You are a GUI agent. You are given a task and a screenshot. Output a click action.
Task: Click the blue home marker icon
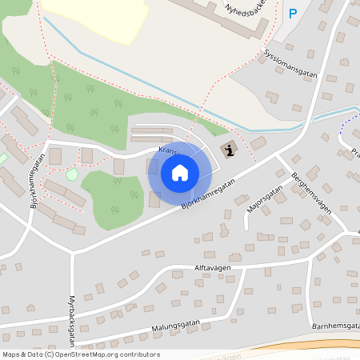point(179,173)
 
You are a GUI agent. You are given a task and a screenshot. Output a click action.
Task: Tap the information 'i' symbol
point(230,149)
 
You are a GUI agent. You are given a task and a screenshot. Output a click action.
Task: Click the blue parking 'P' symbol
point(293,14)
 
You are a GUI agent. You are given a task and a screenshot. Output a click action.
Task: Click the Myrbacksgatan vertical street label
point(71,303)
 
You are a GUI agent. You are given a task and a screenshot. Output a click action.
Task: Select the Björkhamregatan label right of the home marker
point(208,195)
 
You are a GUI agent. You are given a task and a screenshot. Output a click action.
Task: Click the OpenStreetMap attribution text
point(80,354)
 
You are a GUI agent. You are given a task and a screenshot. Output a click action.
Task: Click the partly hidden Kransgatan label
point(169,150)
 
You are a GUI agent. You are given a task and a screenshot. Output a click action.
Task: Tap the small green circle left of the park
point(72,174)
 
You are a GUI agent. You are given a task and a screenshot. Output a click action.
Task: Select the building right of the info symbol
point(258,144)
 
